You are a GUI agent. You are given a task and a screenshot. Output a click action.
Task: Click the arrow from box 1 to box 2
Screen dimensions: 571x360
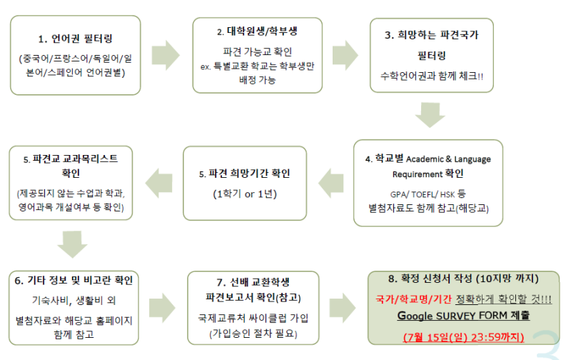tap(166, 55)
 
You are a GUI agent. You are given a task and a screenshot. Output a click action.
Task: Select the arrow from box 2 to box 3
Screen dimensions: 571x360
tap(345, 55)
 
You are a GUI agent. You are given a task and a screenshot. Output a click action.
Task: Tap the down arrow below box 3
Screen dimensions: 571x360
tap(430, 115)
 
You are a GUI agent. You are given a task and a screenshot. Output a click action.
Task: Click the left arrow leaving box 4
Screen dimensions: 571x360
tap(331, 184)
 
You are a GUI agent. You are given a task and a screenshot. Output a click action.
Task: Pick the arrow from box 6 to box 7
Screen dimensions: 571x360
tap(162, 308)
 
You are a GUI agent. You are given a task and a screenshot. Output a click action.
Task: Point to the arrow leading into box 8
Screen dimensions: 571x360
tap(343, 308)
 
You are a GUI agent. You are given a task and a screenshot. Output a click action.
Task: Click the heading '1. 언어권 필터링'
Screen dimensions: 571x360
tap(76, 39)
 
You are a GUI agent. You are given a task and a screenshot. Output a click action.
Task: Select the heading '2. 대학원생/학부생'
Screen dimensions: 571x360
tap(257, 31)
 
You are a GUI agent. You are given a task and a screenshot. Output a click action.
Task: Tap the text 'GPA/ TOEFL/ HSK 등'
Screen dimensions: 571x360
tap(428, 194)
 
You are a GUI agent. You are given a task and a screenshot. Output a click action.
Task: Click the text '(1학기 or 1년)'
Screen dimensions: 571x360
tap(245, 194)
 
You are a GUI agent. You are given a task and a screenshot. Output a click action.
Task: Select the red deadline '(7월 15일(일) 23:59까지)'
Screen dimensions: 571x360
tap(463, 337)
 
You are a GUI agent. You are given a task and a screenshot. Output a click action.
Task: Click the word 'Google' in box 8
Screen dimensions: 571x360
tap(415, 316)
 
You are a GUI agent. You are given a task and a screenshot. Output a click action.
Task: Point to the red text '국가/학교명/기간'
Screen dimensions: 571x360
tap(413, 299)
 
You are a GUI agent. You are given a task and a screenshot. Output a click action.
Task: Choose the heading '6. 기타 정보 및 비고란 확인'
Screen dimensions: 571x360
tap(74, 280)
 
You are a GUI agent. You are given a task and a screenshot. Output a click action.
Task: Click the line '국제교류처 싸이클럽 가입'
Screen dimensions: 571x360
tap(253, 318)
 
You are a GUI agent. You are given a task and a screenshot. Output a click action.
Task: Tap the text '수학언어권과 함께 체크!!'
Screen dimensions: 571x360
tap(432, 76)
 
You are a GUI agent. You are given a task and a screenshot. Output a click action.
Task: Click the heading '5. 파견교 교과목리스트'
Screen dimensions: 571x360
tap(71, 159)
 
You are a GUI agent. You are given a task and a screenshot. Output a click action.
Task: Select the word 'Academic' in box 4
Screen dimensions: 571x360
tap(425, 159)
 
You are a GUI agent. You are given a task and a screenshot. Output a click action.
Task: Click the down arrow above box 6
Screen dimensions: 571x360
tap(73, 244)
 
